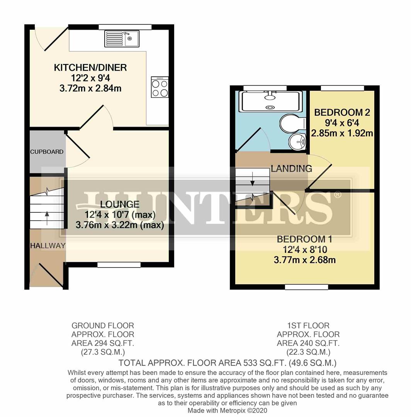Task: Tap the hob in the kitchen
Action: pyautogui.click(x=160, y=87)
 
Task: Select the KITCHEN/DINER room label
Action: pyautogui.click(x=90, y=68)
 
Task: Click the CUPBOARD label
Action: pyautogui.click(x=47, y=152)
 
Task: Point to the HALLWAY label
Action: pyautogui.click(x=48, y=246)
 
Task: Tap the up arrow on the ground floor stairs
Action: pyautogui.click(x=47, y=215)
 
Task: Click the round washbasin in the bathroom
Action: pyautogui.click(x=297, y=142)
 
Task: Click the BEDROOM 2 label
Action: pyautogui.click(x=342, y=113)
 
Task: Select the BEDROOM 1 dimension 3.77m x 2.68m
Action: pyautogui.click(x=304, y=260)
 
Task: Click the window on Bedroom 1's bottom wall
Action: pyautogui.click(x=306, y=287)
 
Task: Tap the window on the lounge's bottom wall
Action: pyautogui.click(x=119, y=265)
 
